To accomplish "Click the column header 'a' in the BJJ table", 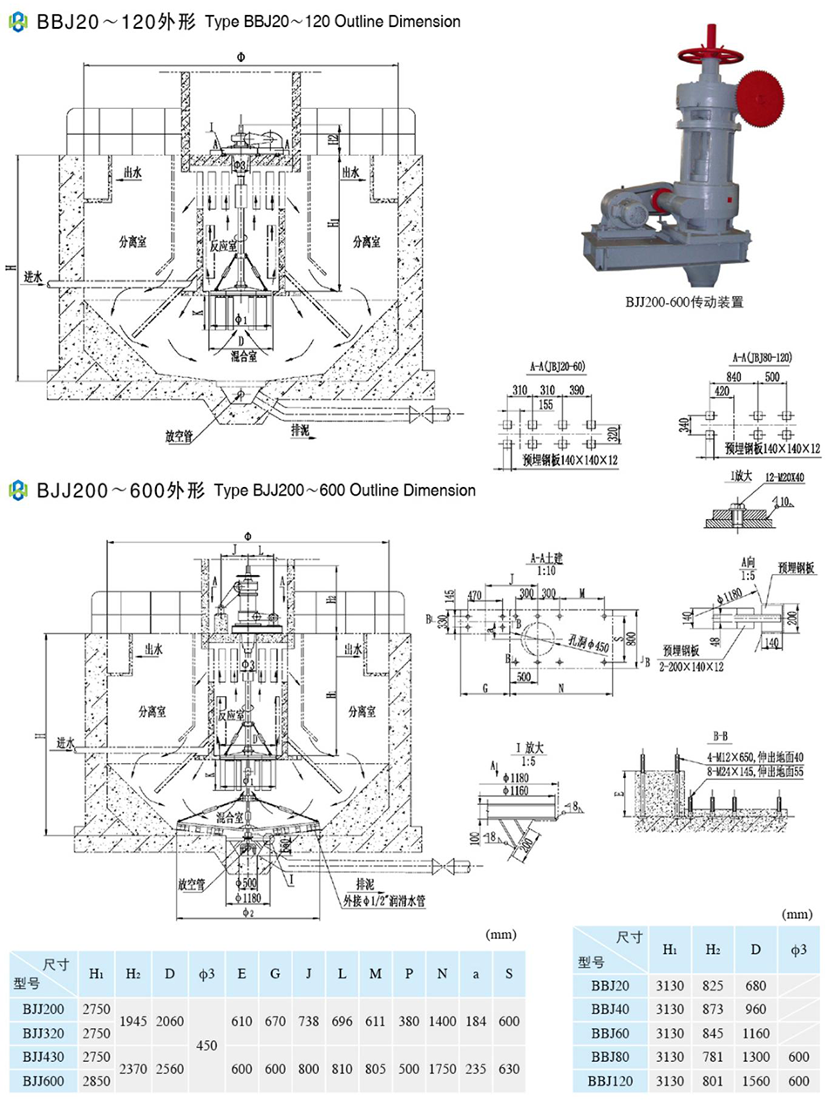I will pyautogui.click(x=476, y=973).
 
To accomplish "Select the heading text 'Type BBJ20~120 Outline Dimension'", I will pyautogui.click(x=332, y=22).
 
